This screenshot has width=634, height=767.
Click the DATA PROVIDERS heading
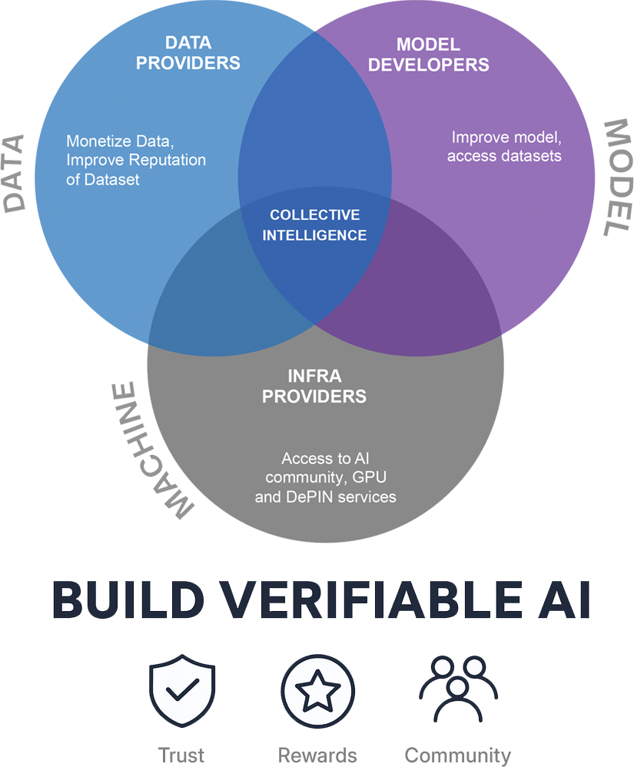coord(188,52)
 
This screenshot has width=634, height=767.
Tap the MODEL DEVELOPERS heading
coord(428,54)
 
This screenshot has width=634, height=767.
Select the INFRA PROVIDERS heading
coord(314,387)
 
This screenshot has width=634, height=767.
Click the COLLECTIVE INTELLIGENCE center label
coord(314,225)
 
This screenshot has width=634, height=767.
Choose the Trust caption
coord(181,755)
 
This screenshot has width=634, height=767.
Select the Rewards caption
coord(317,755)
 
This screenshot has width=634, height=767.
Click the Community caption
coord(457,755)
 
